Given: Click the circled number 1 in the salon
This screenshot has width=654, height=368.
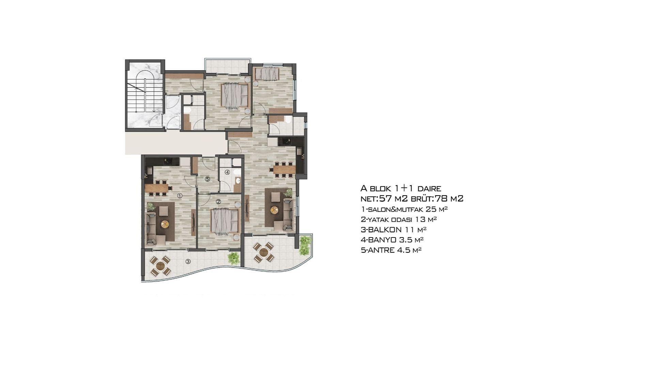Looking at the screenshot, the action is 180,196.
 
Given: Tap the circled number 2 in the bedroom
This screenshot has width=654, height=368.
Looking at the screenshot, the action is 218,201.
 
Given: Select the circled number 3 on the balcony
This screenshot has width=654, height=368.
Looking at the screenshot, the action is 188,261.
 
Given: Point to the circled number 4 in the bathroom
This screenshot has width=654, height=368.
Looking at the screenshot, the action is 227,172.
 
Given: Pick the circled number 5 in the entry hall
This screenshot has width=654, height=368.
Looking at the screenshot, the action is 207,179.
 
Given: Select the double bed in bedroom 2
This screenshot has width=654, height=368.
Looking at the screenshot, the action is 225,220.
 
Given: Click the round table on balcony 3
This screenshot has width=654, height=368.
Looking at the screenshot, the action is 160,265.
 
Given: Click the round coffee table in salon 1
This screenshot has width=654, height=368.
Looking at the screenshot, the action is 165,224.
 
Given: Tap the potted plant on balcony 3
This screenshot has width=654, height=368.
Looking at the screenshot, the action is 234,258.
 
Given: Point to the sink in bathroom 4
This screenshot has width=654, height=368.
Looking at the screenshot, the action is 238,181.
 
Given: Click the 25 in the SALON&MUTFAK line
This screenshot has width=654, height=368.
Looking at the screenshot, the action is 432,209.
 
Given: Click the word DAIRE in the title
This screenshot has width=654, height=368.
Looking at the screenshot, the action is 429,188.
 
